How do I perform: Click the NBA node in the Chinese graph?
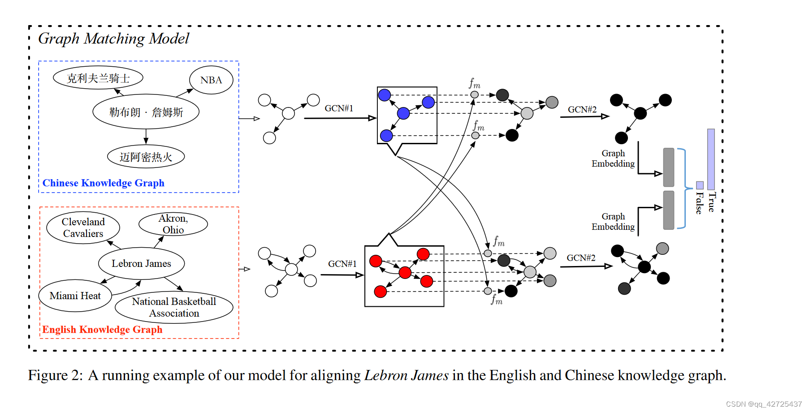click(x=211, y=80)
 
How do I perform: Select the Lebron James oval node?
click(x=141, y=263)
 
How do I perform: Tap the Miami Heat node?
click(x=75, y=296)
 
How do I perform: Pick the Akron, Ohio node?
click(x=173, y=224)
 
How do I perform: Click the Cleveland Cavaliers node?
click(x=83, y=227)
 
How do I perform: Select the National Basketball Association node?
click(x=174, y=307)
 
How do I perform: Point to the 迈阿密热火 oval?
click(x=146, y=157)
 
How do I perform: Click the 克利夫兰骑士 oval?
click(x=98, y=78)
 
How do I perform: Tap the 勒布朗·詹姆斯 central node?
click(x=146, y=112)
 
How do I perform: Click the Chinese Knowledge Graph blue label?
click(x=103, y=183)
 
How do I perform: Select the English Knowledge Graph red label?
click(x=102, y=330)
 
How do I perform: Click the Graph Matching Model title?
click(x=113, y=39)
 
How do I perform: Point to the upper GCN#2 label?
click(x=582, y=109)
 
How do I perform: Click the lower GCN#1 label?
click(x=342, y=264)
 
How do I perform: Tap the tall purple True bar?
click(x=711, y=159)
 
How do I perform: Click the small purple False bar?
click(x=700, y=185)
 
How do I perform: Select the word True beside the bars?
click(x=712, y=202)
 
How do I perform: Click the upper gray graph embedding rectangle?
click(x=668, y=167)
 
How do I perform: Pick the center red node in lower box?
click(x=405, y=272)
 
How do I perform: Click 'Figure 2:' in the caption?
click(x=55, y=375)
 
